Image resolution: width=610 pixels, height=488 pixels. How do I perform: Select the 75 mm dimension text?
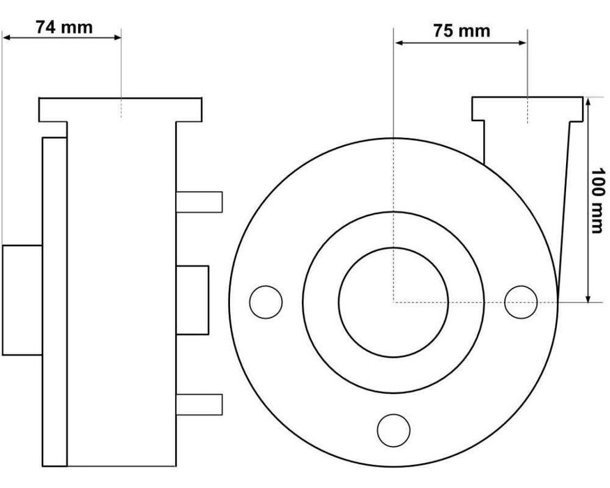point(461,31)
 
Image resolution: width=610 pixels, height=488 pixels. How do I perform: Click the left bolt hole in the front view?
point(266,302)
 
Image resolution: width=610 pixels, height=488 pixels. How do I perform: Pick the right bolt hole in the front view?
point(521,302)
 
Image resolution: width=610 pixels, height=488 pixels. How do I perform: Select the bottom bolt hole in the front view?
point(393,429)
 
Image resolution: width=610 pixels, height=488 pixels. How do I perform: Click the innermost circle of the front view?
point(393,302)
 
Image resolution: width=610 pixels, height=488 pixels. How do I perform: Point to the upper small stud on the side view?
point(199,201)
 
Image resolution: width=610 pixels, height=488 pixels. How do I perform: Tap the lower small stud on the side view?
point(199,404)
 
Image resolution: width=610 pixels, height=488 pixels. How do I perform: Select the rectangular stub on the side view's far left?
point(22,300)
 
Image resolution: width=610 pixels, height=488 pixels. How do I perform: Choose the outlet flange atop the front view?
point(527,108)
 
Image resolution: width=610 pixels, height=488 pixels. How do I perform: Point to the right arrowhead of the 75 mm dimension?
point(523,43)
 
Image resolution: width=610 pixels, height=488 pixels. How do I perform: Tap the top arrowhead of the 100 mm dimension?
point(589,102)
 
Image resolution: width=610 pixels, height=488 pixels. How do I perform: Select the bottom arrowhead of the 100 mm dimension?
point(589,298)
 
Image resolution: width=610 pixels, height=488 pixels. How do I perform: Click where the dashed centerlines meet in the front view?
point(394,302)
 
